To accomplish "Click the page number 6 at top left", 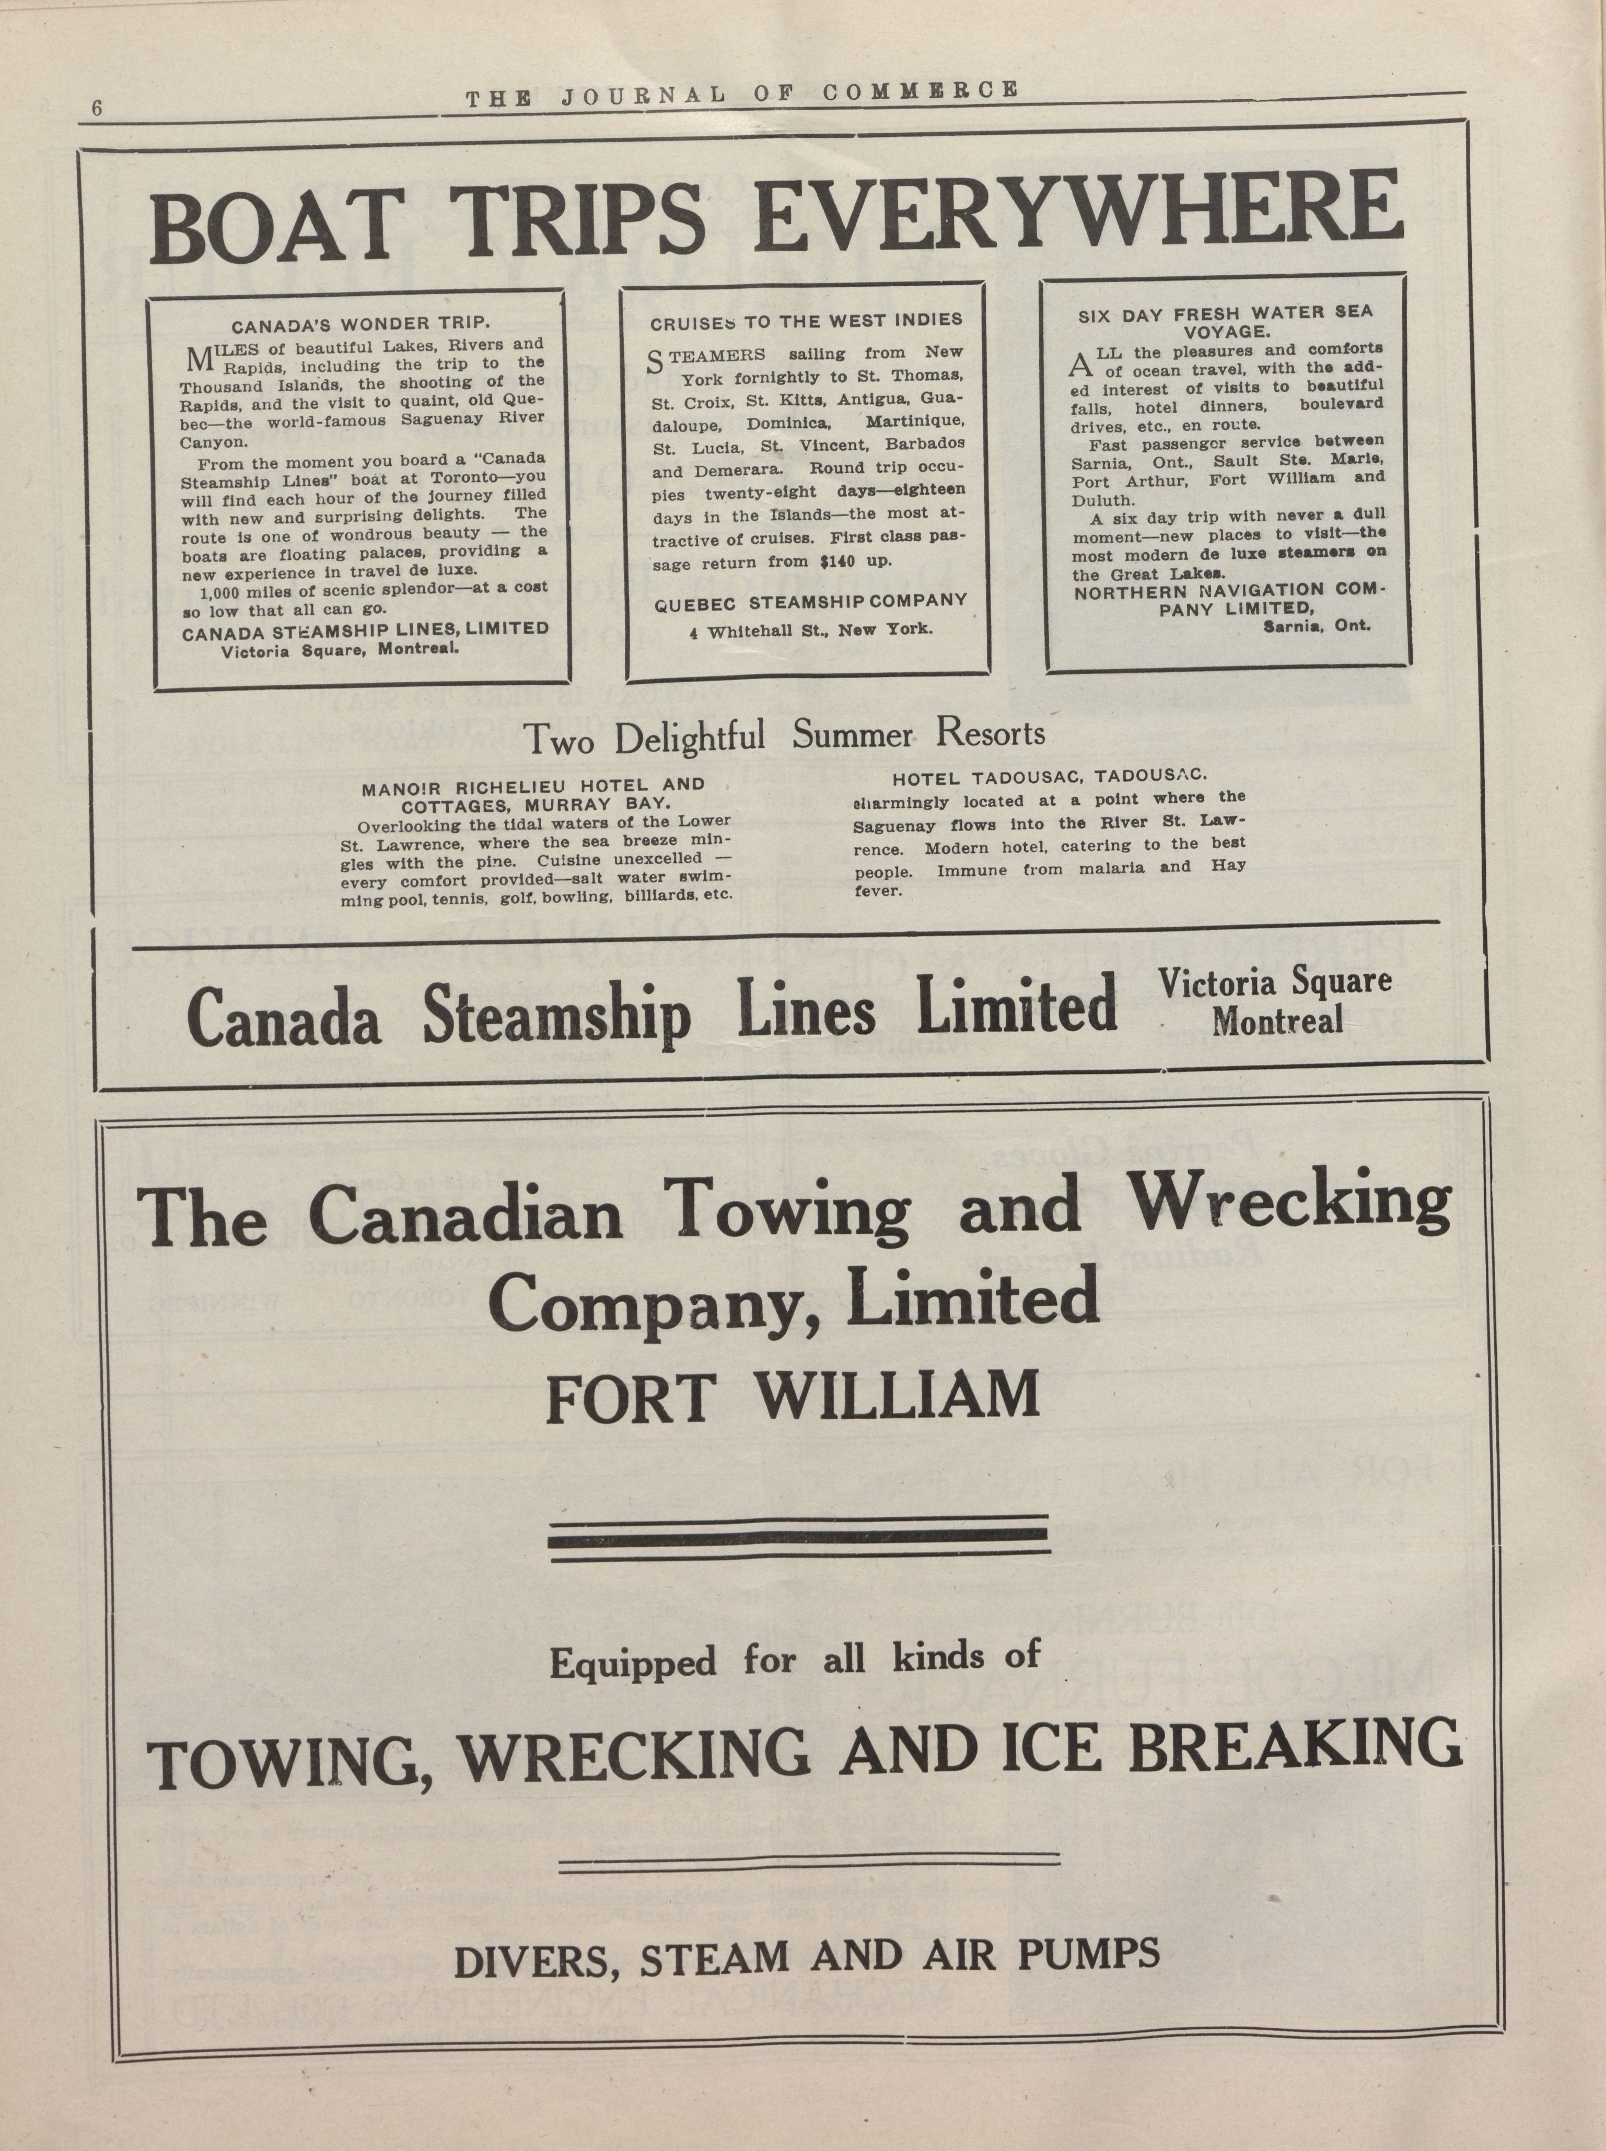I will pos(97,108).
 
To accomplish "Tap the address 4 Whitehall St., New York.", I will pos(810,629).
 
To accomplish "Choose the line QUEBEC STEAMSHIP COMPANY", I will pos(811,602).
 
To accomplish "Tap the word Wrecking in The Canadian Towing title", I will pos(1292,1205).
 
